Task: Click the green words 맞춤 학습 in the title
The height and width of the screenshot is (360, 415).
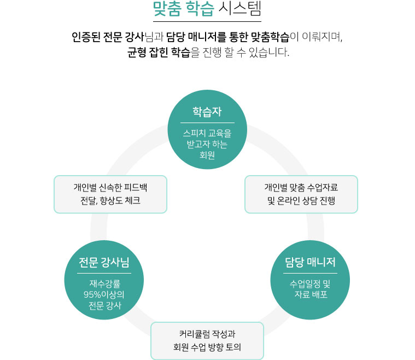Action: [183, 9]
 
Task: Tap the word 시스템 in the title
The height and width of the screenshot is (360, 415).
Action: [240, 9]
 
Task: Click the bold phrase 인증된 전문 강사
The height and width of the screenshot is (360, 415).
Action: [108, 37]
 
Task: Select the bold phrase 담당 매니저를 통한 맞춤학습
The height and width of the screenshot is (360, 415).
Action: [228, 37]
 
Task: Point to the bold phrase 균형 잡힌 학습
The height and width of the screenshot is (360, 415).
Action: [159, 52]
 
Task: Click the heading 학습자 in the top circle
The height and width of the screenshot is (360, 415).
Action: [207, 112]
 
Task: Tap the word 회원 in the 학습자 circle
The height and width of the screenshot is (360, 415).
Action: [207, 155]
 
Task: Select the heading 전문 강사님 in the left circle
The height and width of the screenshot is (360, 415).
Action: [104, 262]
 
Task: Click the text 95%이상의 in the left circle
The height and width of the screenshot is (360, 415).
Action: [104, 294]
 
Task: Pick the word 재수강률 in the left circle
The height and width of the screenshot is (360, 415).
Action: [105, 283]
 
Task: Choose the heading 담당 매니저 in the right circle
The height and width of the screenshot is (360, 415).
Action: [310, 262]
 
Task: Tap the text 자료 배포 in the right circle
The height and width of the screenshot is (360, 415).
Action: [311, 294]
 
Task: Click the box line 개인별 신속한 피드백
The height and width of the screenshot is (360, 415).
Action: [110, 188]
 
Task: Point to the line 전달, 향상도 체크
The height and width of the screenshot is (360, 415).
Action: [110, 201]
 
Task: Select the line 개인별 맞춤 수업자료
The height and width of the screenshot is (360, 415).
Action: [301, 188]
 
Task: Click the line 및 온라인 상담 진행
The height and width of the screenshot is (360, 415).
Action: [301, 201]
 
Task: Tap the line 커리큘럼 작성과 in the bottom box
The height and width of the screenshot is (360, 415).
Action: [207, 334]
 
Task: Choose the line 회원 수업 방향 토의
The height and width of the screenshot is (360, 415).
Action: [207, 347]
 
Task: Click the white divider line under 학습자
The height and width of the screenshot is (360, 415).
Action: [208, 123]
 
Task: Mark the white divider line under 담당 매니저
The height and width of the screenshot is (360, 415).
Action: [310, 274]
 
